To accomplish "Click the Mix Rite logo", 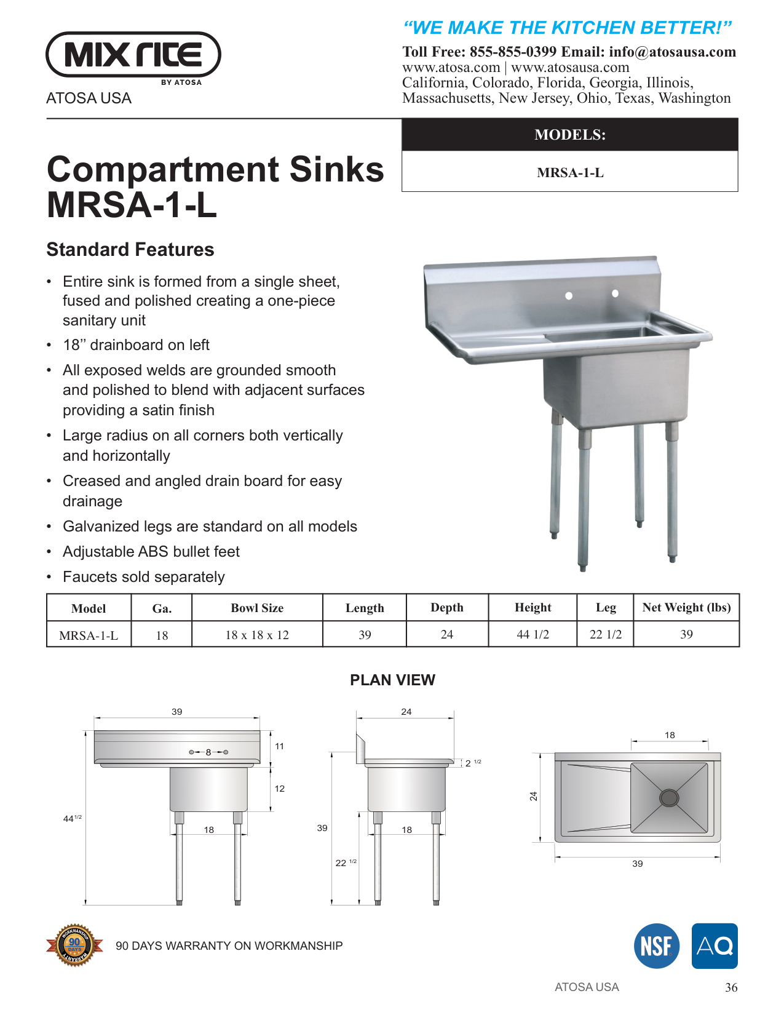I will [133, 55].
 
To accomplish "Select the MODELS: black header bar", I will [569, 135].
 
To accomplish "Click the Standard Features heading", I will [130, 250].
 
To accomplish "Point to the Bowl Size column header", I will [257, 608].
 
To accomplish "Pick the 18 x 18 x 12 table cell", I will [257, 635].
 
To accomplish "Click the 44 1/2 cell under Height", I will [533, 634].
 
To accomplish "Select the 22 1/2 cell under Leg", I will [606, 634].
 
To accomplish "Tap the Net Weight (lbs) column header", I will [686, 608].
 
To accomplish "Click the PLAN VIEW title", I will [392, 680].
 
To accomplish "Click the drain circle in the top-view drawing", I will [668, 798].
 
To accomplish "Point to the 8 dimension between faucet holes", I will [208, 752].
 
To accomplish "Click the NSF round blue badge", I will [657, 946].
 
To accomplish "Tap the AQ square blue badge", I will [715, 946].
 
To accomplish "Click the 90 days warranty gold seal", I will [74, 945].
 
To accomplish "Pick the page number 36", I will [731, 988].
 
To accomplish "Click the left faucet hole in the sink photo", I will [569, 296].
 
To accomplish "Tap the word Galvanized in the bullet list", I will [100, 527].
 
